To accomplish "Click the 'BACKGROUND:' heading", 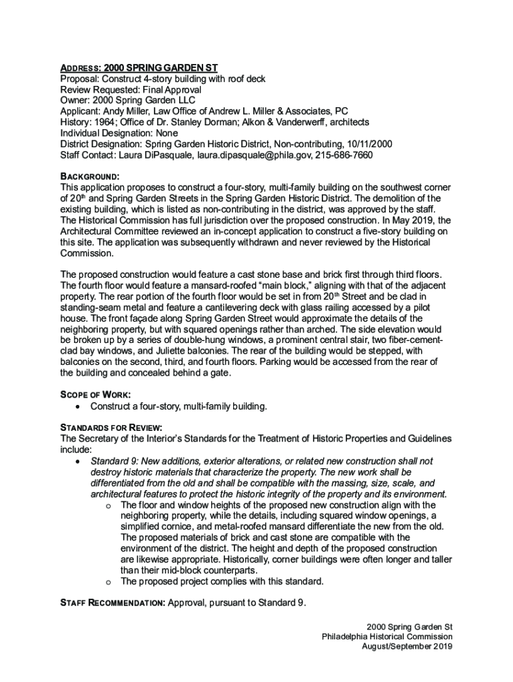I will coord(90,176).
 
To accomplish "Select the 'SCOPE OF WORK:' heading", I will coord(95,394).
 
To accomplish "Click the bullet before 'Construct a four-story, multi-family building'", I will coord(80,406).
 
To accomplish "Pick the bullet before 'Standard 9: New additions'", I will coord(80,461).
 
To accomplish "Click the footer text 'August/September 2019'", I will coord(407,647).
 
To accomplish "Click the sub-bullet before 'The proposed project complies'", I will coord(108,581).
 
